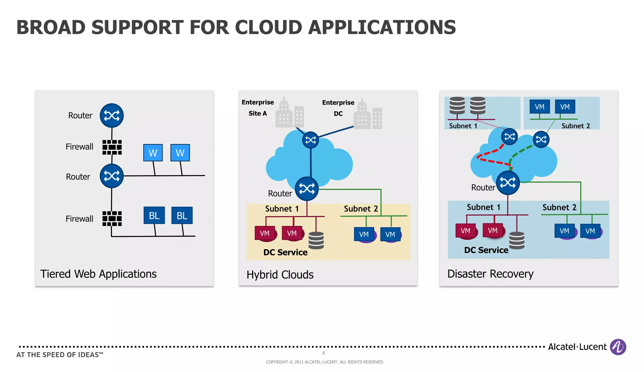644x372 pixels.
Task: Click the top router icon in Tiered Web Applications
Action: [x=112, y=116]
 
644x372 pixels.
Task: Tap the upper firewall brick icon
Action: [x=112, y=147]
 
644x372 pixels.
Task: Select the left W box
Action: [x=153, y=153]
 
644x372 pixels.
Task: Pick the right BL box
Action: [x=182, y=215]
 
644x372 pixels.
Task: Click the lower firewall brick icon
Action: [x=112, y=218]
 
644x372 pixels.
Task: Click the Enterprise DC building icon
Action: [x=368, y=115]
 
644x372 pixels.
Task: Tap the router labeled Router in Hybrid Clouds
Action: [x=307, y=189]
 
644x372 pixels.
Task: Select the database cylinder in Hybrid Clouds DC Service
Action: [x=316, y=240]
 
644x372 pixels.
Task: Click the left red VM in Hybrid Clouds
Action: [x=265, y=233]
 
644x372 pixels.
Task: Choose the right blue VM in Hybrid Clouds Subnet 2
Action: [x=390, y=234]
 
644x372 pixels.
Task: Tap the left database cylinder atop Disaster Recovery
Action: [x=457, y=105]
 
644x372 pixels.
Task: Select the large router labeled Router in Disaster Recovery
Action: [x=508, y=183]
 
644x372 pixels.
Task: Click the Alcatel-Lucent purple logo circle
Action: [x=618, y=347]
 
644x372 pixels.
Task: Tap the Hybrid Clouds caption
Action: [x=280, y=275]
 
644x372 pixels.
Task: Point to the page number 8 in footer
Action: [x=323, y=353]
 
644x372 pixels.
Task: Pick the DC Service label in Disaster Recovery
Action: [x=486, y=250]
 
